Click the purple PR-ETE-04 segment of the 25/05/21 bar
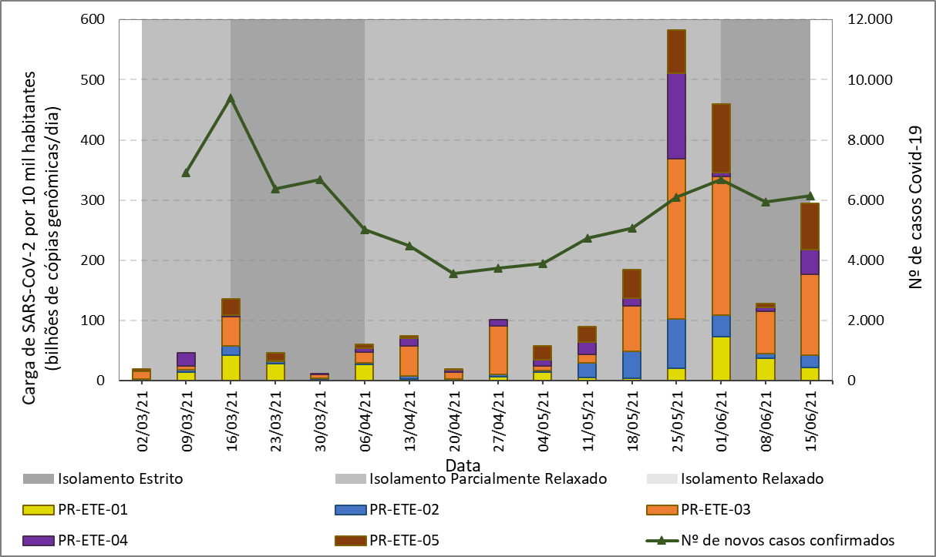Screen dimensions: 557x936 [x=676, y=116]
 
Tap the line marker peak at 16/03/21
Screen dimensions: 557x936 [x=230, y=98]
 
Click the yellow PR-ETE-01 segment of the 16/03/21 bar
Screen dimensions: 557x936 [x=230, y=367]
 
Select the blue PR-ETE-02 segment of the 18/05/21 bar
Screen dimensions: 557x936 [x=632, y=365]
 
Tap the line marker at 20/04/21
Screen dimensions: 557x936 [x=453, y=273]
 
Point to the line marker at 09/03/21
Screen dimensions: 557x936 [x=186, y=173]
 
